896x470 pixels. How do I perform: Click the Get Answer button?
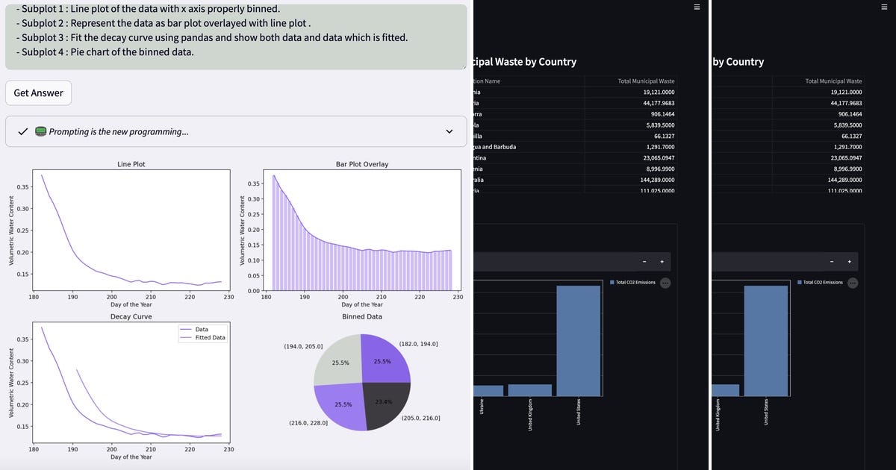(38, 93)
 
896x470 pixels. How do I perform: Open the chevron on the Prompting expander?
(449, 131)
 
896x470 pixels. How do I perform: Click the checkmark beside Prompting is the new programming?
(22, 131)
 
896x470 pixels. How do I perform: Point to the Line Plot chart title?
(131, 164)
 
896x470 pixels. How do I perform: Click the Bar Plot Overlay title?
(362, 164)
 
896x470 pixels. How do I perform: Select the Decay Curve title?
(131, 316)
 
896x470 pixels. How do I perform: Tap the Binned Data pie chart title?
(362, 316)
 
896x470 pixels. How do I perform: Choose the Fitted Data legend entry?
(210, 338)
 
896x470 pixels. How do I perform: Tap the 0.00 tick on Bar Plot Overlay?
(253, 291)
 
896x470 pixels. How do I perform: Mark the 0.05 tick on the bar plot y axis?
(253, 275)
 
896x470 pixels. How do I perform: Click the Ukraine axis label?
(481, 407)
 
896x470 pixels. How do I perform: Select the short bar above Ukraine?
(488, 390)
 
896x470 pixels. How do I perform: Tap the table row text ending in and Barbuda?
(494, 147)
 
